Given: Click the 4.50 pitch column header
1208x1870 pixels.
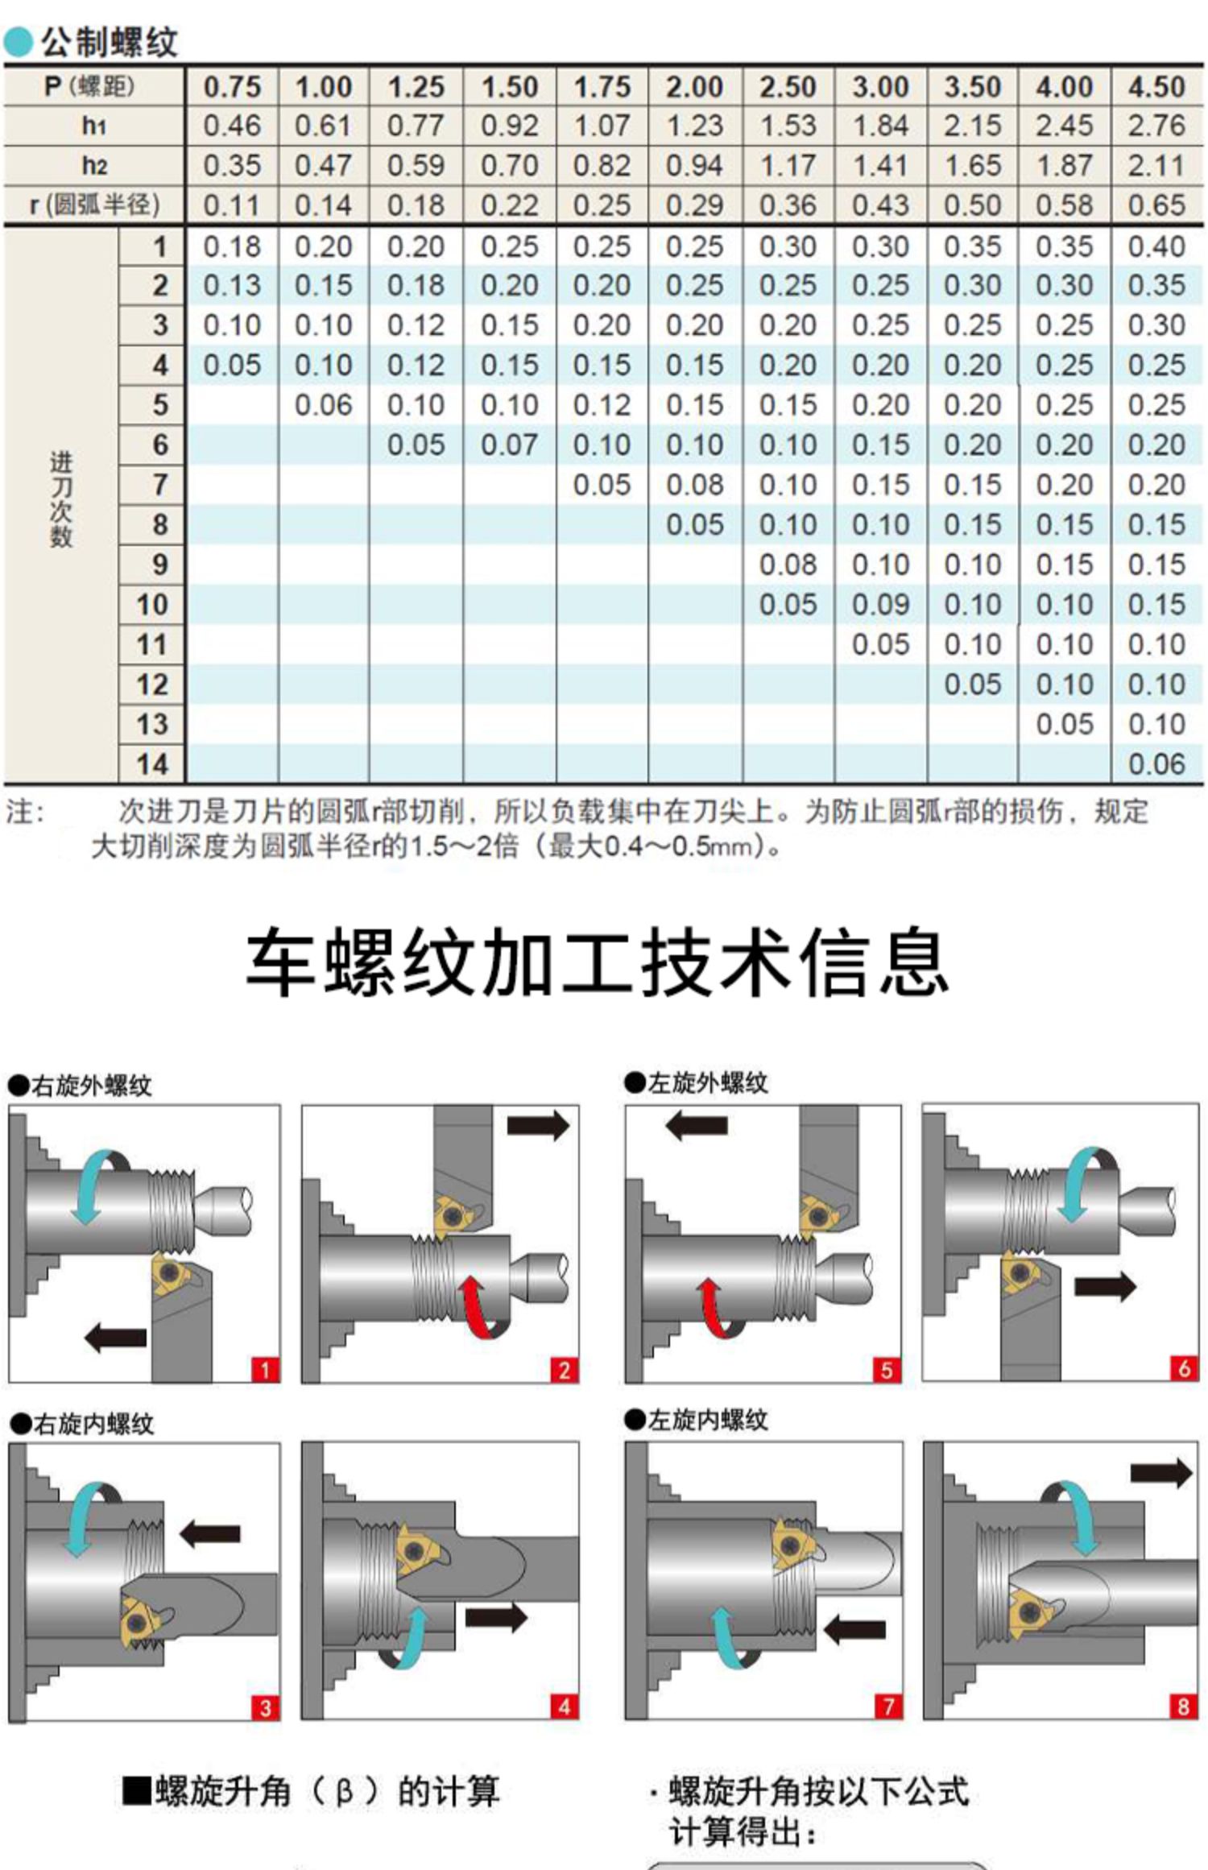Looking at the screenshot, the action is (x=1156, y=86).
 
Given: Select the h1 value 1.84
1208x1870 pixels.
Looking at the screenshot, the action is (x=880, y=126).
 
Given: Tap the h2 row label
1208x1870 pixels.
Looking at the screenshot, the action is (x=93, y=165).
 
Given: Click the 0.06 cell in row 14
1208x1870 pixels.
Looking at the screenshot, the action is (x=1156, y=763).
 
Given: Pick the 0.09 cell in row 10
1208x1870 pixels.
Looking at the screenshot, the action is (x=880, y=604).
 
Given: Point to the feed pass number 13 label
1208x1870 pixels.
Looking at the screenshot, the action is (x=152, y=723).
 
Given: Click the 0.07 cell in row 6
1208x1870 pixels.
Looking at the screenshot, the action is (x=509, y=445).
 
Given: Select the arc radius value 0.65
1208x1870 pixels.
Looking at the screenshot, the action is (x=1156, y=205).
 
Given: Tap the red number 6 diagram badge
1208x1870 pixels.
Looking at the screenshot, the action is (x=1183, y=1367).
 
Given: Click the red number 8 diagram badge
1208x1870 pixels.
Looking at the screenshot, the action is (x=1182, y=1706).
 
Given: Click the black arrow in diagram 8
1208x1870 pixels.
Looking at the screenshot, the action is (x=1160, y=1473).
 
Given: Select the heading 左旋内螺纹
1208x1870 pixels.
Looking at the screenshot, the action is (x=707, y=1420).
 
